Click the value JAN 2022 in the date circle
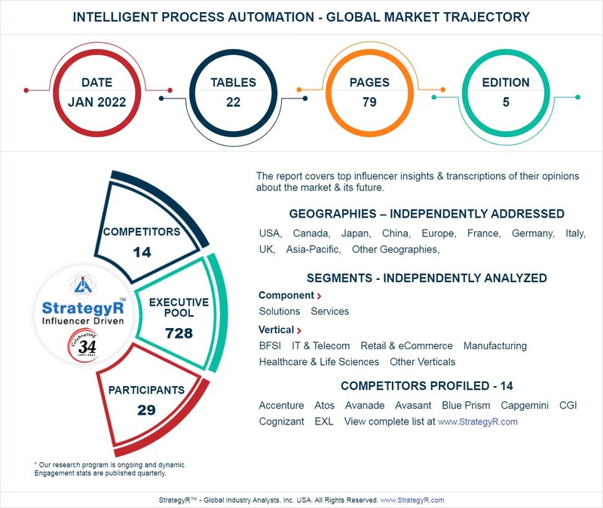(x=97, y=102)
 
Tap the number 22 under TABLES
(x=233, y=102)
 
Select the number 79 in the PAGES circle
(x=369, y=102)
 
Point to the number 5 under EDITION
(x=505, y=102)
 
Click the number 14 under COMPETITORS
(x=142, y=252)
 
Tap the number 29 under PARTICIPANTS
(x=146, y=410)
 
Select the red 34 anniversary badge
(x=82, y=347)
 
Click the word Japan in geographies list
(x=355, y=233)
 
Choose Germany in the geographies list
(x=533, y=233)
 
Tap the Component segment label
(x=286, y=296)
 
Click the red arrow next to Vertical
(x=299, y=330)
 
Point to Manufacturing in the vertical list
(x=495, y=345)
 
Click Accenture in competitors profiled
(x=281, y=405)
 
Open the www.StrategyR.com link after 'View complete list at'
(x=478, y=421)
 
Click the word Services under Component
(x=329, y=311)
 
